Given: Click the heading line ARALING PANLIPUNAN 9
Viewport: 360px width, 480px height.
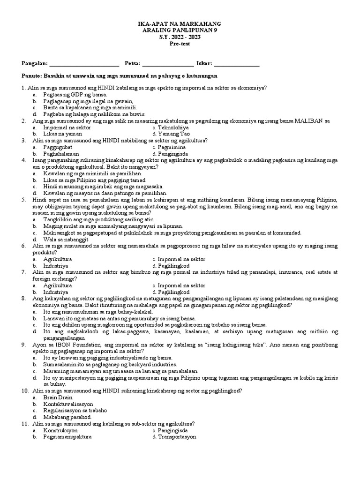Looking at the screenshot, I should pyautogui.click(x=180, y=30).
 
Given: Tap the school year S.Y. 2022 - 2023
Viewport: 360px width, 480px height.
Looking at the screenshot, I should pyautogui.click(x=180, y=37).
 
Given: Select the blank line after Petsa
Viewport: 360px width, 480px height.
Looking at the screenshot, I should pyautogui.click(x=167, y=64).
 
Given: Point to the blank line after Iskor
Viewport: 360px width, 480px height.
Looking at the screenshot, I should pyautogui.click(x=237, y=64).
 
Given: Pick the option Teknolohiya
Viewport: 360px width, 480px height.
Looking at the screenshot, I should pyautogui.click(x=171, y=127).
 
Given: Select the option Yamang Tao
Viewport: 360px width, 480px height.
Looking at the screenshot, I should pyautogui.click(x=171, y=134).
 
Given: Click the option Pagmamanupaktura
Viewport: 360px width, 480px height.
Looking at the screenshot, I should pyautogui.click(x=67, y=436).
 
